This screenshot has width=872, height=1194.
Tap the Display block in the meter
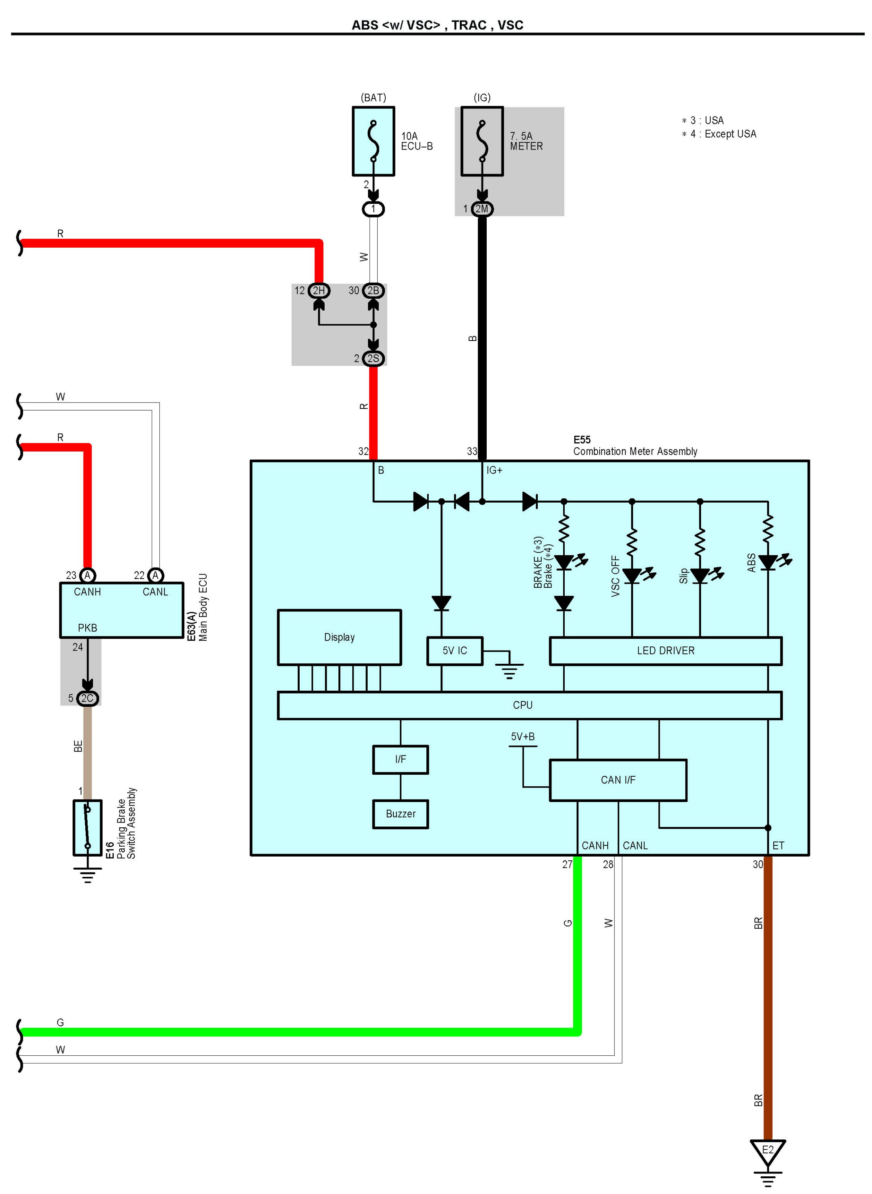click(x=339, y=637)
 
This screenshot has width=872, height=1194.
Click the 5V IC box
click(x=455, y=650)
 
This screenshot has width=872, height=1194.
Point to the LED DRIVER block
click(x=665, y=650)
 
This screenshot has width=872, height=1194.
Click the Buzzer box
click(x=400, y=814)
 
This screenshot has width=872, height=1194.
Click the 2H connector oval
click(x=319, y=290)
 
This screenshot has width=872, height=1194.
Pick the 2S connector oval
click(x=373, y=358)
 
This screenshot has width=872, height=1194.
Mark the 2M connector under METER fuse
click(x=482, y=209)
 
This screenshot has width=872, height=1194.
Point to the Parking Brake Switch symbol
click(x=88, y=827)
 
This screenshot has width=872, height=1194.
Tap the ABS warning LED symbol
click(x=768, y=562)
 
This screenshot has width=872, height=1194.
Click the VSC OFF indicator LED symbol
click(x=632, y=575)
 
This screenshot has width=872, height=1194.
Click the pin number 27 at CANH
click(x=567, y=864)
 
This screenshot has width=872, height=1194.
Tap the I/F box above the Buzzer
click(x=400, y=759)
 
